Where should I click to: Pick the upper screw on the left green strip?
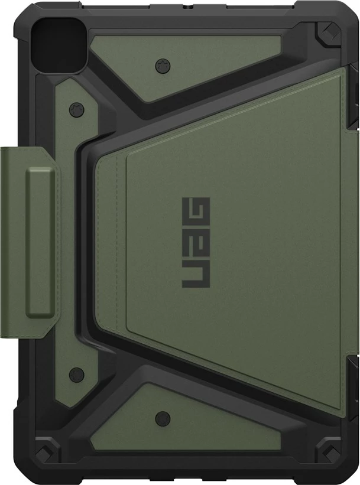74,109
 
